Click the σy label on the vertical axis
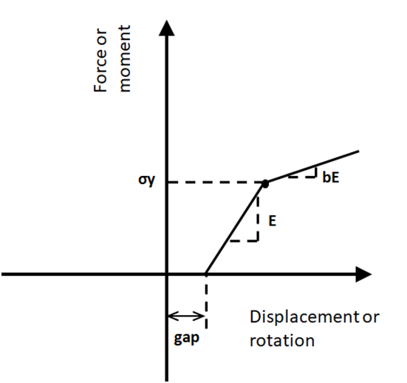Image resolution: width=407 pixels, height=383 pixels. [x=146, y=180]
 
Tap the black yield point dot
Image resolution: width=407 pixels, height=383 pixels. [x=265, y=183]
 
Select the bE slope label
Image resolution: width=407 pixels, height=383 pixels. [x=331, y=177]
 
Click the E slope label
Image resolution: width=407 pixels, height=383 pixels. [x=273, y=221]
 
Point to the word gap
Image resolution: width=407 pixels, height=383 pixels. [x=187, y=339]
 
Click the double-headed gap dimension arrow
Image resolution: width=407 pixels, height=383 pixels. [x=187, y=316]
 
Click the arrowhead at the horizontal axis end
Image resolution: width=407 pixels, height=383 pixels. [x=363, y=274]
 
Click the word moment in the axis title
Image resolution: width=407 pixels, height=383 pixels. [x=124, y=58]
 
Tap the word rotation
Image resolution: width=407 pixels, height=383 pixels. [x=282, y=341]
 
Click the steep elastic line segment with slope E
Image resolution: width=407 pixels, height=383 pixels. [x=235, y=229]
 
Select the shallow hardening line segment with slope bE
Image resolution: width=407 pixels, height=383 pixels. [x=312, y=167]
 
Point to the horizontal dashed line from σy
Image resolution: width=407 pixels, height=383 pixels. [x=216, y=183]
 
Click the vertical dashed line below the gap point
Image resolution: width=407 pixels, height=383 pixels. [x=206, y=302]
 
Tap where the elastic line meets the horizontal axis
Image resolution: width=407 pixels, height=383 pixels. [x=206, y=274]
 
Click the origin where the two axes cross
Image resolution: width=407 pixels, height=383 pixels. [x=167, y=274]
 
